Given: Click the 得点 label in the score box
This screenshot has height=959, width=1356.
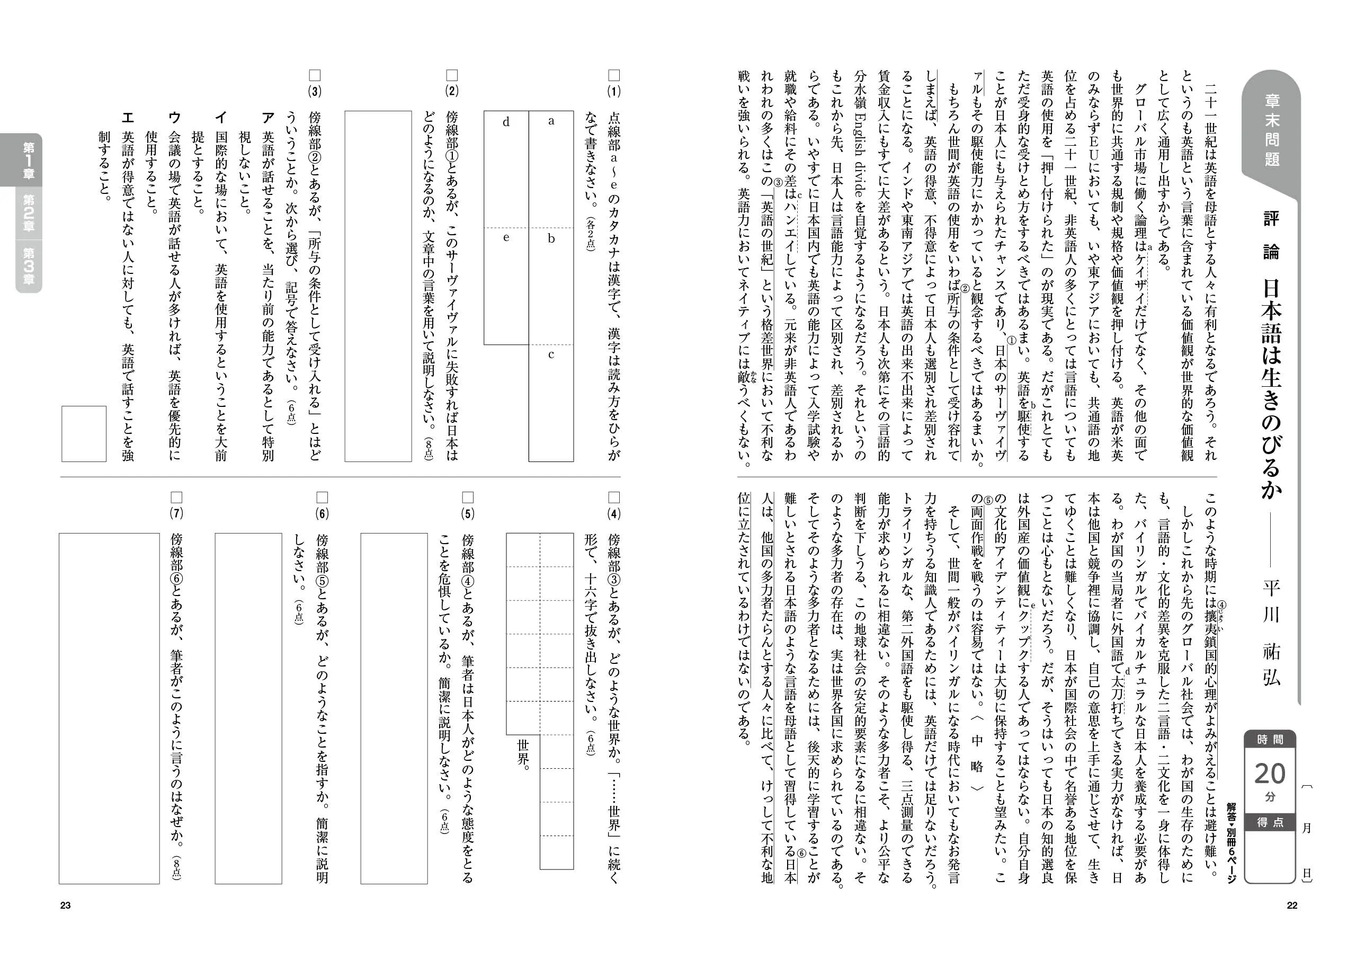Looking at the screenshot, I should coord(1270,822).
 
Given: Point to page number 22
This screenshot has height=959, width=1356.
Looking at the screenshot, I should coord(1291,905).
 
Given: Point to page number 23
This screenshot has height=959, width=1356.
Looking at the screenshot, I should coord(65,905).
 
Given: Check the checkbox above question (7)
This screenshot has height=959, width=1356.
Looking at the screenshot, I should coord(176,497).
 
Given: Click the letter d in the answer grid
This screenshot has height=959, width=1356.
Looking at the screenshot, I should coord(506,122).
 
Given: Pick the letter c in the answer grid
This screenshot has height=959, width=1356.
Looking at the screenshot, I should coord(551,355).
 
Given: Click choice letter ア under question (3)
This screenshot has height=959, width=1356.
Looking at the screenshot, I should coord(267,118).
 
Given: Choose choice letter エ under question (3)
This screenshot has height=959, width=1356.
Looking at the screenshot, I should coord(128,118).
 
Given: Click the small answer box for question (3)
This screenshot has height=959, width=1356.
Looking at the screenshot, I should coord(84,434).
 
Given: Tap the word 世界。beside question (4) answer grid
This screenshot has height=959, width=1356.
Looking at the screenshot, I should coord(523,751).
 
